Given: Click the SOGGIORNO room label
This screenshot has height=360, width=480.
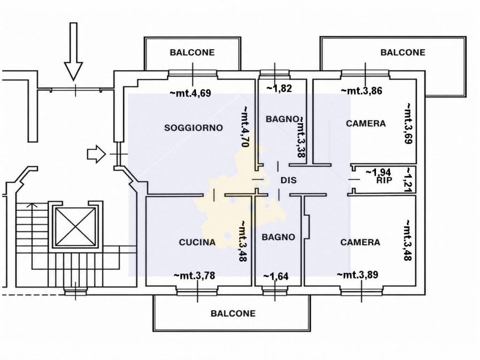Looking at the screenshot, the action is point(194,127).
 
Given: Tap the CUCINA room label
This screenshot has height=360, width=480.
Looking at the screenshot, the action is point(197,242).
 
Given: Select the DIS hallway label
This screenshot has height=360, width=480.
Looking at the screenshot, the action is point(289,180).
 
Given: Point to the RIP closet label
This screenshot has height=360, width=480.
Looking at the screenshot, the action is point(384,180).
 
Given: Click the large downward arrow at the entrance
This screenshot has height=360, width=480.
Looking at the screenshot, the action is point(74,52).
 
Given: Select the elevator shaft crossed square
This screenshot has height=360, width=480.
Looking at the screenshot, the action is point(75,227).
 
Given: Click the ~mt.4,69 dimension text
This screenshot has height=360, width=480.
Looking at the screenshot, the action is point(190,93).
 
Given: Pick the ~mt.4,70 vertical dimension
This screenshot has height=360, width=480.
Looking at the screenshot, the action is point(245,127).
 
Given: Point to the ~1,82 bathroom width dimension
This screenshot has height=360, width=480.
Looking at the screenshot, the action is point(279,89).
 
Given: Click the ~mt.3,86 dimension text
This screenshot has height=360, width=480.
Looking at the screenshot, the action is point(361,90).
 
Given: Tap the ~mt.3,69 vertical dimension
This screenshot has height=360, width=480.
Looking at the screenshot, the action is point(409,123).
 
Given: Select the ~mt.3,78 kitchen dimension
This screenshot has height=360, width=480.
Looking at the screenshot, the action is point(195,276).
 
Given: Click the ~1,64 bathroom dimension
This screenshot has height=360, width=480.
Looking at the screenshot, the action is point(276,277).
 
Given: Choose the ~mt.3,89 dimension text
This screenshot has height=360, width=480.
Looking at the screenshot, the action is point(358,275).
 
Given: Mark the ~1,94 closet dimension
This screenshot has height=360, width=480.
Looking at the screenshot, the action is point(378,172).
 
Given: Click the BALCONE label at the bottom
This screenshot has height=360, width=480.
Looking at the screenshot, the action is point(233,314).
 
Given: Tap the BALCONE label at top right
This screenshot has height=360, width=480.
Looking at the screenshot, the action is point(403,52).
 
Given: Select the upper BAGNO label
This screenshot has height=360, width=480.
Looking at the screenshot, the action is point(282,119).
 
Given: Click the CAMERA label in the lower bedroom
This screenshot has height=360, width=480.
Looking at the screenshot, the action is point(360,242).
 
